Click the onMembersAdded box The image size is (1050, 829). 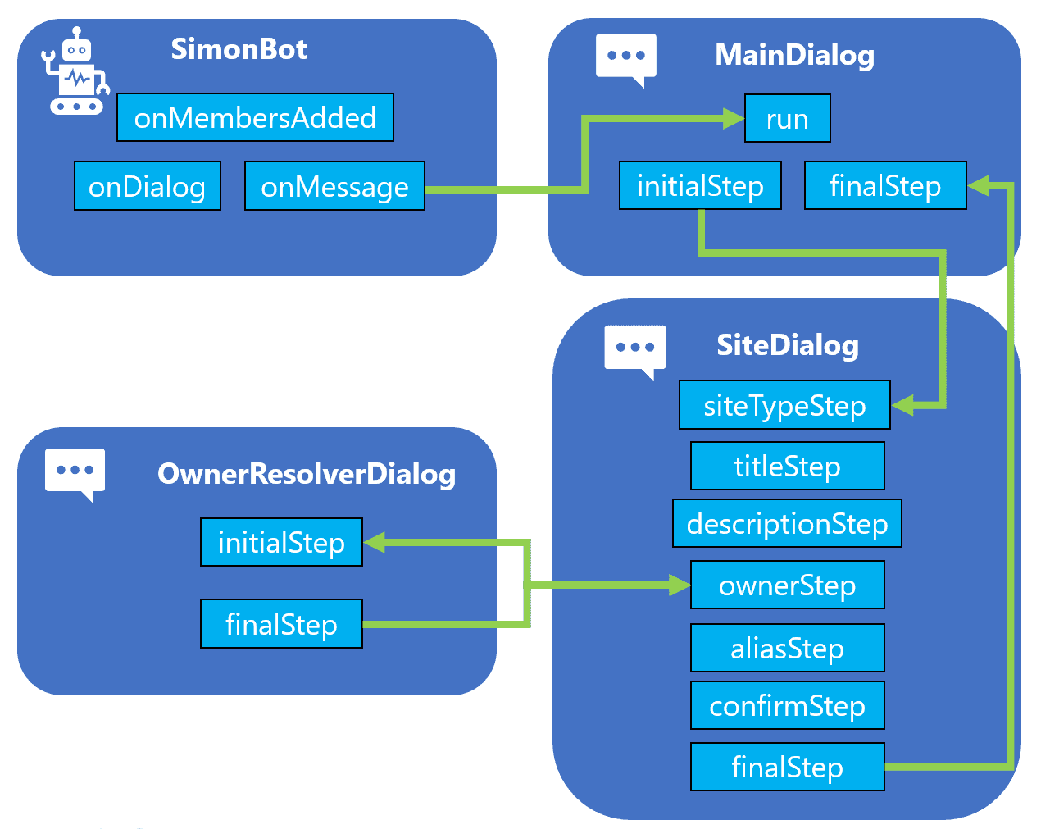(x=255, y=117)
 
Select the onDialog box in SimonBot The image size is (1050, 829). (x=148, y=186)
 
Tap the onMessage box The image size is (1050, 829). (x=334, y=186)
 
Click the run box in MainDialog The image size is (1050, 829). (x=788, y=118)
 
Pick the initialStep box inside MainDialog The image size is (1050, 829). (x=700, y=185)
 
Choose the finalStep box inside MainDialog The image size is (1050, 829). (x=885, y=185)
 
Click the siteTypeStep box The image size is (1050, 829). (x=784, y=405)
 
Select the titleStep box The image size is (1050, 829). (x=788, y=466)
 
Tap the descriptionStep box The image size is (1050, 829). (x=787, y=523)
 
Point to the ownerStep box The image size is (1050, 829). (x=788, y=585)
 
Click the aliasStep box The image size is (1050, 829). (x=788, y=648)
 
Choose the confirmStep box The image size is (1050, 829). (x=788, y=705)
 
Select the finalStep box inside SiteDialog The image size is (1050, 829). (x=788, y=767)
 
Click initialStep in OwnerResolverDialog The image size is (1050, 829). (x=281, y=542)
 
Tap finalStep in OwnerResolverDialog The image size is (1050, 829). (x=281, y=624)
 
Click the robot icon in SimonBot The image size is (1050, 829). (x=75, y=71)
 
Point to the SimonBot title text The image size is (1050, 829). (x=239, y=49)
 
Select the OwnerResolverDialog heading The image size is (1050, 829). (x=307, y=474)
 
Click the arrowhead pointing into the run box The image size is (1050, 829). (x=734, y=119)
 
